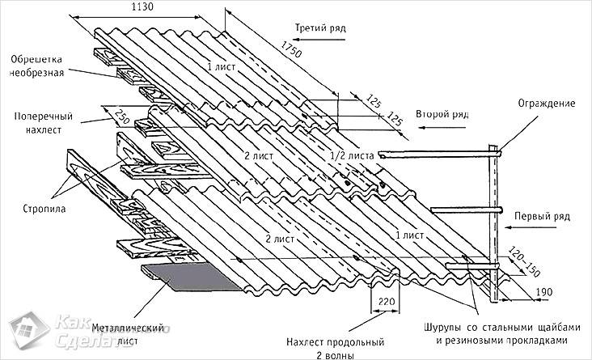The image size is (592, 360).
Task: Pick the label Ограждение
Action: pos(547,104)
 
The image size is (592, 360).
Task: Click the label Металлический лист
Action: pos(133,333)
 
